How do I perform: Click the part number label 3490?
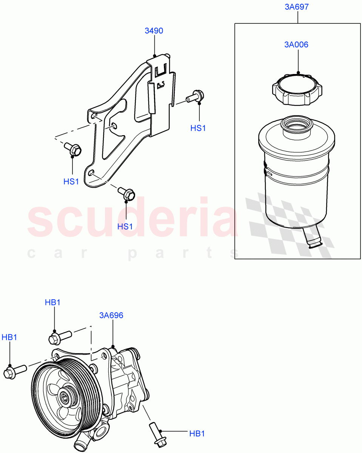point(154,31)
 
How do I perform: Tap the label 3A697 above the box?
point(298,7)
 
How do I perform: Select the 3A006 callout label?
point(296,45)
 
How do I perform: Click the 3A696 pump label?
point(111,315)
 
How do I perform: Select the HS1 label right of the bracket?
point(198,128)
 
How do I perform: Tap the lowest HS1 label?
point(125,226)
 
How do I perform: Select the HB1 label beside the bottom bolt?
point(197,434)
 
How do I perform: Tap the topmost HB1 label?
point(52,302)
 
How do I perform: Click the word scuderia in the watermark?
point(132,221)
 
